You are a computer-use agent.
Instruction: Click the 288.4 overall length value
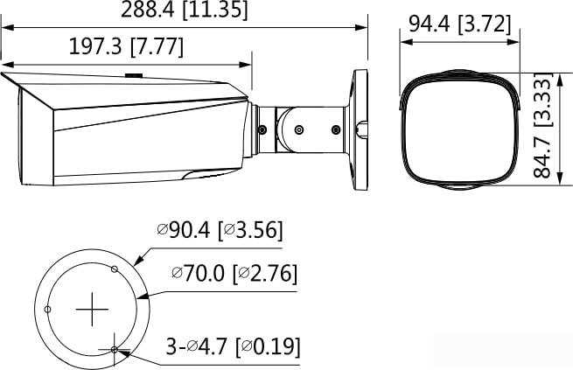(146, 10)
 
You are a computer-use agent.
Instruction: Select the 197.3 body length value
(96, 46)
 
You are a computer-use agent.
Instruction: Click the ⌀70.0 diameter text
(199, 274)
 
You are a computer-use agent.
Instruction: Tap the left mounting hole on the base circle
(48, 310)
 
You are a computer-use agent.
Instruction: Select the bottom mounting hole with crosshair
(115, 349)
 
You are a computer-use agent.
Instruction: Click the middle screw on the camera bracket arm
(299, 129)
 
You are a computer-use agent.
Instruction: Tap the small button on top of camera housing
(134, 75)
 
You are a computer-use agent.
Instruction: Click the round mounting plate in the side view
(360, 129)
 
